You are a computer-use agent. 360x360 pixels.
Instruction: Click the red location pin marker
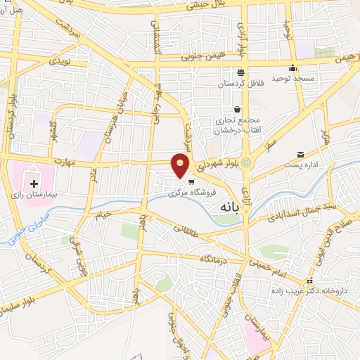pyautogui.click(x=181, y=165)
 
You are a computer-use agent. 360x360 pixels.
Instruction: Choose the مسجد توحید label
pyautogui.click(x=294, y=79)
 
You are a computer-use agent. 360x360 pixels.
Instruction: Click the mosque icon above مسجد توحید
pyautogui.click(x=293, y=69)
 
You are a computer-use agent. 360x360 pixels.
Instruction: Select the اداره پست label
pyautogui.click(x=301, y=165)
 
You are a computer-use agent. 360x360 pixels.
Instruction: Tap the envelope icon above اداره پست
pyautogui.click(x=301, y=155)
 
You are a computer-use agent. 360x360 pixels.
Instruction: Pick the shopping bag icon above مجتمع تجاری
pyautogui.click(x=237, y=109)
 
